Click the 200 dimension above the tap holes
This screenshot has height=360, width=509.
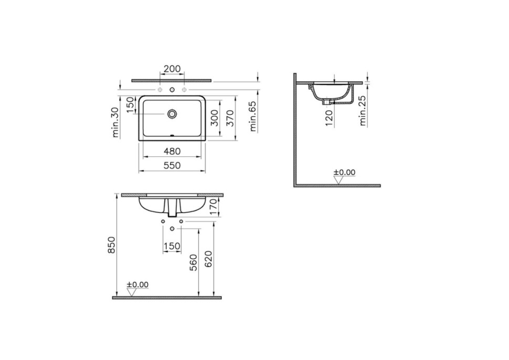pyautogui.click(x=172, y=69)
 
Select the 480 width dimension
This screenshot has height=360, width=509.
pyautogui.click(x=172, y=151)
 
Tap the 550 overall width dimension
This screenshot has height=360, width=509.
pyautogui.click(x=172, y=165)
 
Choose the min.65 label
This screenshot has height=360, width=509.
pyautogui.click(x=253, y=117)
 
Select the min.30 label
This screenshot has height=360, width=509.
pyautogui.click(x=116, y=122)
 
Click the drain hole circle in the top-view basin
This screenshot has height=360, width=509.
pyautogui.click(x=172, y=113)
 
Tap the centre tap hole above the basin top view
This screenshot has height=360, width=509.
pyautogui.click(x=172, y=90)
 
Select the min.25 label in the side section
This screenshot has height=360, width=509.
pyautogui.click(x=363, y=111)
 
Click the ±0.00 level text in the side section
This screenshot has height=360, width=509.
pyautogui.click(x=344, y=172)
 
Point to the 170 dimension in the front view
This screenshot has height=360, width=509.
pyautogui.click(x=213, y=205)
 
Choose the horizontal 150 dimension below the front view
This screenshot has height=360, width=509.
pyautogui.click(x=172, y=246)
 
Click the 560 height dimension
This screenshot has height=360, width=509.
pyautogui.click(x=194, y=262)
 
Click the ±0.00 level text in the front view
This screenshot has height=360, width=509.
pyautogui.click(x=137, y=284)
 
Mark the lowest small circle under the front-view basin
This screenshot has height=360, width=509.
pyautogui.click(x=172, y=229)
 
